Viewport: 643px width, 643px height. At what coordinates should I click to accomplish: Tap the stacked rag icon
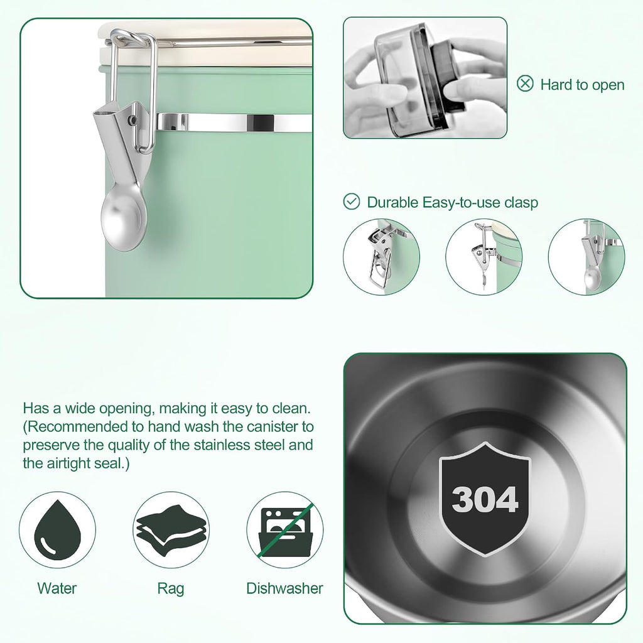tap(171, 530)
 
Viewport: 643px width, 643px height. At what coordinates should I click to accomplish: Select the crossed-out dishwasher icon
tap(286, 530)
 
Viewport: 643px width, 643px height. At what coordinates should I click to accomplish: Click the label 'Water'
tap(57, 588)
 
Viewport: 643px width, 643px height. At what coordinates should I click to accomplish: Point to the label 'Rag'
tap(171, 589)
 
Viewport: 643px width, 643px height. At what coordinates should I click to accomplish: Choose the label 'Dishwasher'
tap(284, 588)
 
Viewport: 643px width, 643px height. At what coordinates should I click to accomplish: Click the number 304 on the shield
tap(485, 499)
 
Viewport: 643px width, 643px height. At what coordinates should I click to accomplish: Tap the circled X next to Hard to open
tap(525, 84)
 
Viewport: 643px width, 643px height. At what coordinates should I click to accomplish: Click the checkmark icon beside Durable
tap(352, 202)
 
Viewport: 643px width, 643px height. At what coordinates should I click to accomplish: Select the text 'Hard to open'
tap(582, 85)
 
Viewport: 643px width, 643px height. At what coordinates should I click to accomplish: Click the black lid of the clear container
tap(448, 77)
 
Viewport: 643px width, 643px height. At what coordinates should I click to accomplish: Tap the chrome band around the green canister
tap(234, 122)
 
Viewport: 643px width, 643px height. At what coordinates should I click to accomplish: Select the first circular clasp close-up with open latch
tap(381, 257)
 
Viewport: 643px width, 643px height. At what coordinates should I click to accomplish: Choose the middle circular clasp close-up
tap(484, 257)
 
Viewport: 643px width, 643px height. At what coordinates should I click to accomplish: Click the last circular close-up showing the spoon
tap(586, 257)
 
